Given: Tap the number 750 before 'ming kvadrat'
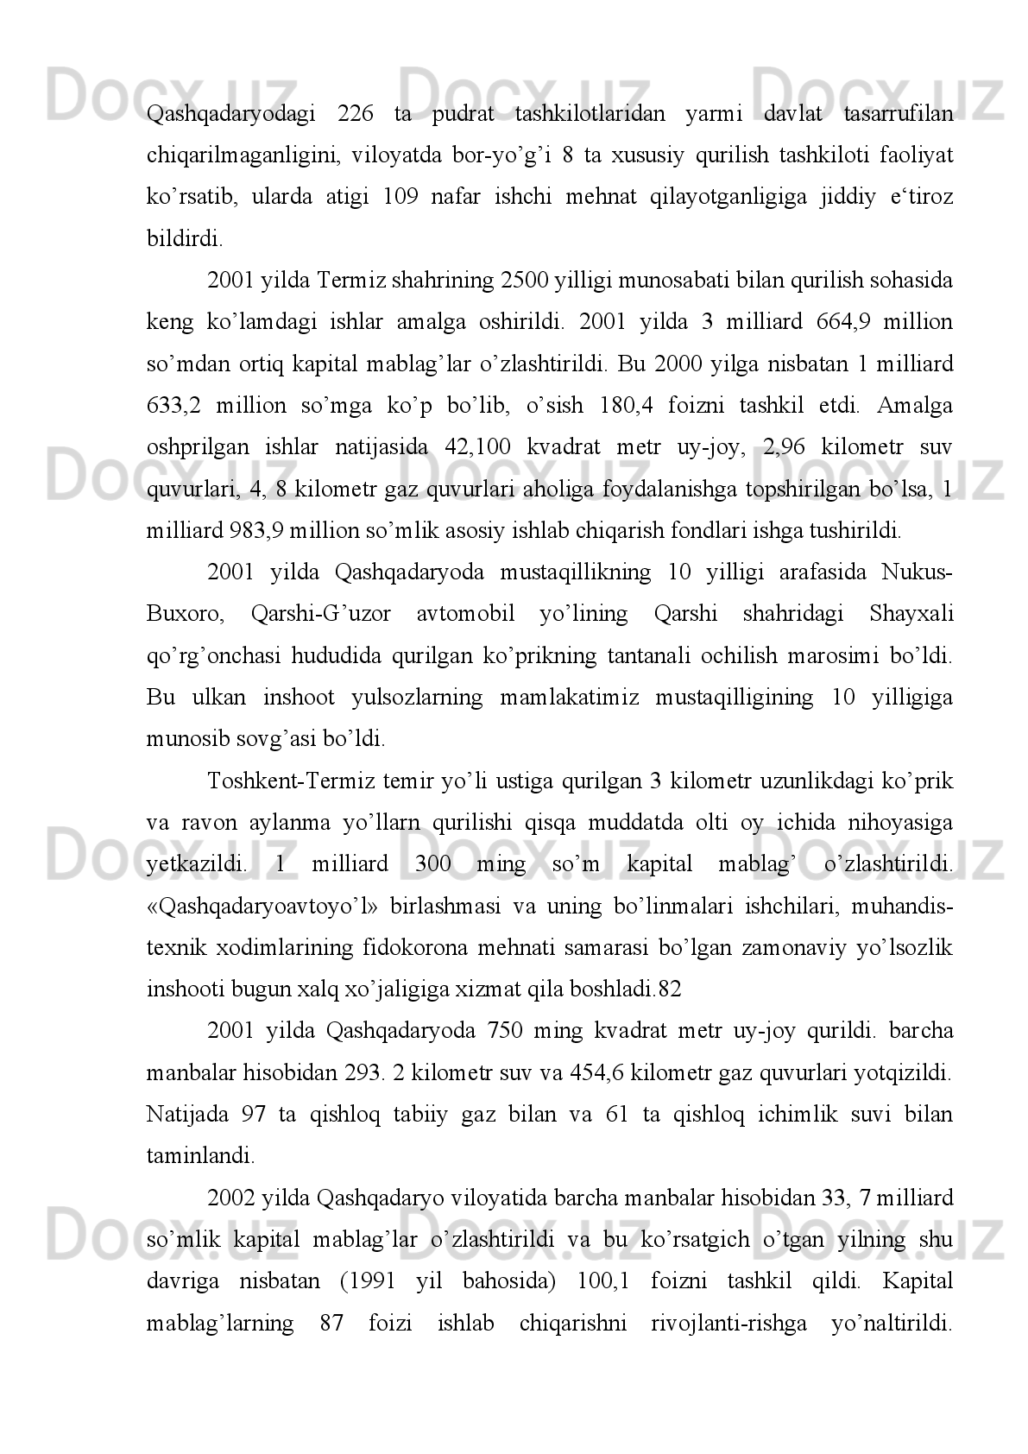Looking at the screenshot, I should [x=505, y=1031].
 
